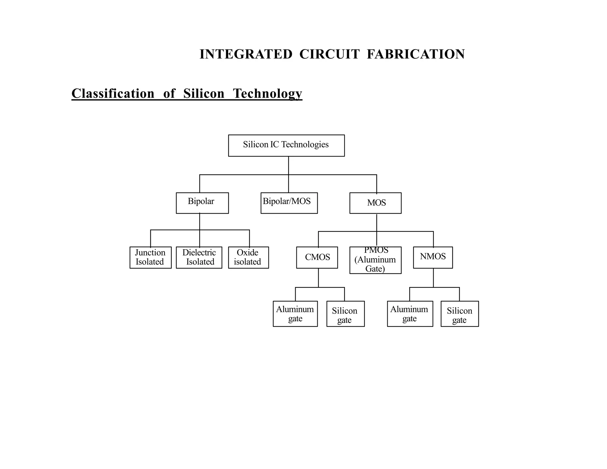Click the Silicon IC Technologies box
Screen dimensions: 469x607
(286, 145)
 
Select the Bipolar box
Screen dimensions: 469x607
(202, 203)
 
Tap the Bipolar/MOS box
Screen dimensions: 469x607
(289, 203)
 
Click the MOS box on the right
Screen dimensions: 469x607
(375, 203)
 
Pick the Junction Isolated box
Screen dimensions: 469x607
(151, 257)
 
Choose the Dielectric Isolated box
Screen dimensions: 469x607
(199, 257)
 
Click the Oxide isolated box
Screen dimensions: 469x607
(248, 257)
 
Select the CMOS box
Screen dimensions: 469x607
(317, 257)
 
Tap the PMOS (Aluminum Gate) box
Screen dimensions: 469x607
(375, 260)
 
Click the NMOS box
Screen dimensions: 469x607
(433, 257)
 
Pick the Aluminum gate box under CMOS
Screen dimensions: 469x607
(295, 314)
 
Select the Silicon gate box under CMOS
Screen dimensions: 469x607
(345, 314)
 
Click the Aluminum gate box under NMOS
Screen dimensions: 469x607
(410, 314)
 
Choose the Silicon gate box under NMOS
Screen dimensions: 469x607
(459, 314)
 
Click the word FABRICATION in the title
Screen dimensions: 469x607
(416, 54)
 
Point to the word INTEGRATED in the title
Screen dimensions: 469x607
(246, 54)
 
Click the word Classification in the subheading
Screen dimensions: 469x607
(113, 93)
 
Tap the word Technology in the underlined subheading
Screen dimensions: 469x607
(267, 93)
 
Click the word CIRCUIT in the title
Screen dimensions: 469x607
(329, 54)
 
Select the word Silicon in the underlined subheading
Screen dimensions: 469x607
(204, 93)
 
